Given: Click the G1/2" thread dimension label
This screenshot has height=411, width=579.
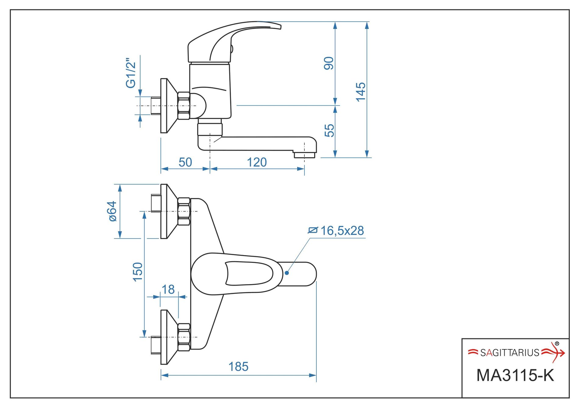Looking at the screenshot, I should click(x=131, y=73).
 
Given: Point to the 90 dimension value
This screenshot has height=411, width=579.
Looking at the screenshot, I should click(x=329, y=63).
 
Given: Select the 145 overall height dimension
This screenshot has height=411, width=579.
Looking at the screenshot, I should click(x=361, y=92).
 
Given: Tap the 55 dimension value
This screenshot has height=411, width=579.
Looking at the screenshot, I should click(x=329, y=131).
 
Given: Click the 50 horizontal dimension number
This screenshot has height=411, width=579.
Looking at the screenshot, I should click(x=185, y=162).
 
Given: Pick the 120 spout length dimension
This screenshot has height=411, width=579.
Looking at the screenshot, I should click(x=257, y=162).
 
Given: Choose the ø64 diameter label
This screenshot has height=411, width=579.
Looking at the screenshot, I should click(x=112, y=211).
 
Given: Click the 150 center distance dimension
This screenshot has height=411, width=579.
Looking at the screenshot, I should click(x=138, y=272).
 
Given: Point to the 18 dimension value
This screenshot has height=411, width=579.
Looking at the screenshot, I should click(x=168, y=290).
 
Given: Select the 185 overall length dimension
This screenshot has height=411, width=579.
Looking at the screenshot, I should click(x=238, y=367).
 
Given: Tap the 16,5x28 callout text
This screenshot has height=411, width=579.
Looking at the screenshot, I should click(x=342, y=231).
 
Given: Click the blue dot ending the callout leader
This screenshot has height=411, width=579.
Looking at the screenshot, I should click(x=287, y=273).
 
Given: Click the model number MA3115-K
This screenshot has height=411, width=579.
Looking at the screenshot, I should click(x=515, y=376).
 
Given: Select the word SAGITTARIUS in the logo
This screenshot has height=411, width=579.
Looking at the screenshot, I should click(x=510, y=353).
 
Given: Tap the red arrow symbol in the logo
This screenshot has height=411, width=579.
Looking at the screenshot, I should click(x=554, y=353).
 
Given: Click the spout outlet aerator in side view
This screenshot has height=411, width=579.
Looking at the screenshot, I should click(x=304, y=155).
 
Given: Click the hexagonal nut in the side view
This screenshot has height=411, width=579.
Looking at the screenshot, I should click(x=184, y=106).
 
